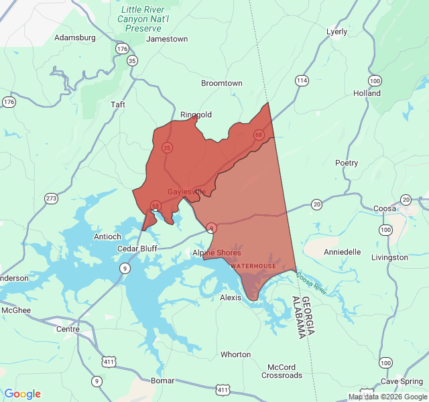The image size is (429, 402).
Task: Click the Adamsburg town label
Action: click(x=74, y=38)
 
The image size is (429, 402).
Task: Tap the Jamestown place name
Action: click(x=167, y=39)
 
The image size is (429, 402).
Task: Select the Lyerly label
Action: click(x=336, y=31)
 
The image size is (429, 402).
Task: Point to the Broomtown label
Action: click(x=222, y=83)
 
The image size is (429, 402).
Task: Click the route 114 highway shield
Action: click(x=302, y=80)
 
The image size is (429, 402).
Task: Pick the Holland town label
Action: click(x=367, y=93)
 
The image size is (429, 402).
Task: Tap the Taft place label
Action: click(x=117, y=105)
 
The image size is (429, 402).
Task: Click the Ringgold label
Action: click(x=196, y=115)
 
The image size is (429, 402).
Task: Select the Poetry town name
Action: click(x=347, y=163)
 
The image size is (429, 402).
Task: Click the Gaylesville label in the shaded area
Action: click(x=186, y=192)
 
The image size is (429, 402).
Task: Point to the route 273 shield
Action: click(x=52, y=198)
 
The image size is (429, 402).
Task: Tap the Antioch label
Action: click(x=107, y=237)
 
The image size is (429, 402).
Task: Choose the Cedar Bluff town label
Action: click(x=137, y=249)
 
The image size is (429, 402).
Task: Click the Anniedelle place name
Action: click(x=342, y=252)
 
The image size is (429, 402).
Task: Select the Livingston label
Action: click(x=389, y=257)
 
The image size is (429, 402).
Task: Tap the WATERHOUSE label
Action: click(x=253, y=266)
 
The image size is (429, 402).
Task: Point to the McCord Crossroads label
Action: click(x=282, y=371)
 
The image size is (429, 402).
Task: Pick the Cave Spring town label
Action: click(x=402, y=381)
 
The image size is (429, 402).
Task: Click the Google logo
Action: click(x=22, y=394)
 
